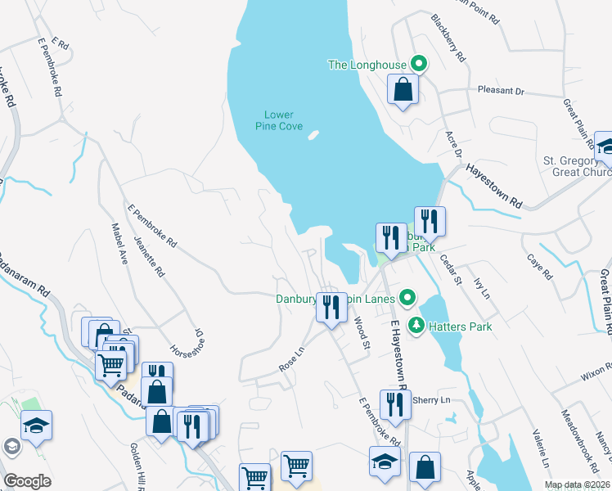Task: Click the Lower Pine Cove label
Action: point(279,120)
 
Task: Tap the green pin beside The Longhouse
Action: point(419,63)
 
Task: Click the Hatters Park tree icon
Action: point(416,325)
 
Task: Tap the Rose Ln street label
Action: point(291,358)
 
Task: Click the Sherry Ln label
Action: point(432,400)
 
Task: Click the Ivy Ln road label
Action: point(481,286)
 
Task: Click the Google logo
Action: point(27,480)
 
